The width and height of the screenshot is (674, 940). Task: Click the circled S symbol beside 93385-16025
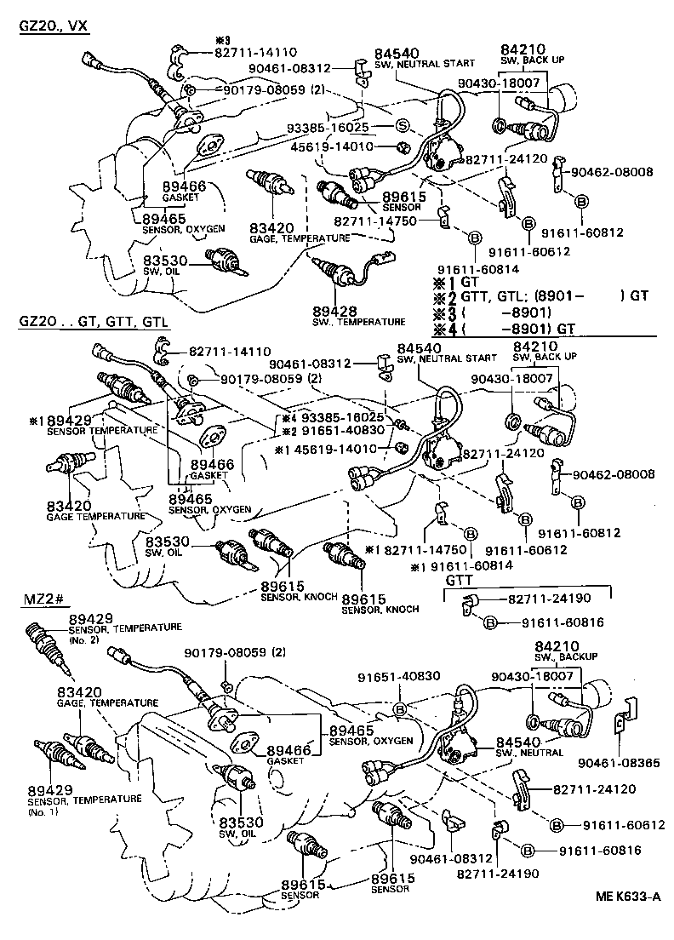pos(403,127)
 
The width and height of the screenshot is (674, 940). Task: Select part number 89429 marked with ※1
pos(73,421)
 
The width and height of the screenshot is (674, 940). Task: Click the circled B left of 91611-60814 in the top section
pos(475,236)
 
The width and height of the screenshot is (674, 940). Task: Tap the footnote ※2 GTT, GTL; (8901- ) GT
pos(541,296)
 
